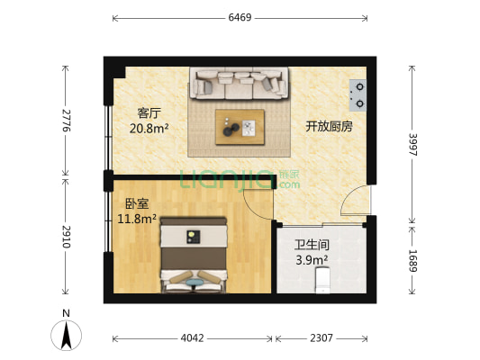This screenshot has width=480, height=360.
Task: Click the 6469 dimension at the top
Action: (x=240, y=17)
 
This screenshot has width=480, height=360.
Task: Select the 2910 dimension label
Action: (x=66, y=238)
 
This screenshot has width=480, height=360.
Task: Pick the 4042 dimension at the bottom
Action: (x=193, y=339)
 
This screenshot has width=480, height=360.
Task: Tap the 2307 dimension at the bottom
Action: (x=321, y=339)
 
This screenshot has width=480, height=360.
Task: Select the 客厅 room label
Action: (x=149, y=113)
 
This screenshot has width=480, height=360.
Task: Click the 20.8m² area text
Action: (x=149, y=128)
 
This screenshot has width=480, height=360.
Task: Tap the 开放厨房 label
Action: (x=329, y=126)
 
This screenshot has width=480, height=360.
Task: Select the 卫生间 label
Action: (x=312, y=245)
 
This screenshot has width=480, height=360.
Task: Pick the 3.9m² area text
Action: (x=312, y=260)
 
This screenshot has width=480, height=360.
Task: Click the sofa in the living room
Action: (x=239, y=84)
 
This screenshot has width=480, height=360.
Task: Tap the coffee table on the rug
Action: (x=240, y=126)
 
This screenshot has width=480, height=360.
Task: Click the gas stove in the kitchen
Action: (x=358, y=88)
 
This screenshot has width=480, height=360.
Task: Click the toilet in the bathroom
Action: (x=322, y=283)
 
